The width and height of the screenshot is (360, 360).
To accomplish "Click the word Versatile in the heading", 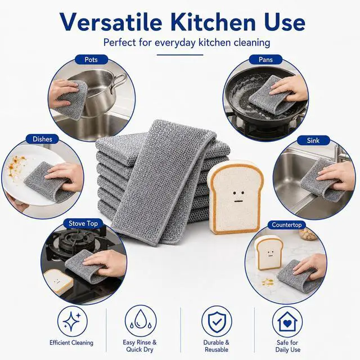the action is click(111, 22).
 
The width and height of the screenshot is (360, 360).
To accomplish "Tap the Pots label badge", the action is click(91, 60).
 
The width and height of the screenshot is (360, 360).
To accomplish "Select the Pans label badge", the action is click(265, 60).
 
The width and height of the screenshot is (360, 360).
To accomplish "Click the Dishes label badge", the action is click(43, 139).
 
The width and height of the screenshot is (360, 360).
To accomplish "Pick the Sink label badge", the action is click(313, 140).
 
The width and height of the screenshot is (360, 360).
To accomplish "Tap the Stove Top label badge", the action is click(83, 223).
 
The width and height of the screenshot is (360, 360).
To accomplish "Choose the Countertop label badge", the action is click(286, 224).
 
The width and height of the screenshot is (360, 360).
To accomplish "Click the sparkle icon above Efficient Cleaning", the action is click(73, 321).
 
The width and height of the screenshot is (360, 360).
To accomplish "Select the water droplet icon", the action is click(141, 321).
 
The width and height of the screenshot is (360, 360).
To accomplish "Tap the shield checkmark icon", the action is click(217, 321).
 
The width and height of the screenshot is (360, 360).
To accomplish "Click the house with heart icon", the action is click(287, 322).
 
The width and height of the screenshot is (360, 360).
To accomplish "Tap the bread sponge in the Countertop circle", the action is click(269, 253).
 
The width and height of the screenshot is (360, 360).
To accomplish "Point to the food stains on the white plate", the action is click(16, 166).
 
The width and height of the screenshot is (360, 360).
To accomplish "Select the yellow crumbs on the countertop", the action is click(268, 282).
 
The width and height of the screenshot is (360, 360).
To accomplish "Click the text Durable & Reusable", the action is click(217, 346).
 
